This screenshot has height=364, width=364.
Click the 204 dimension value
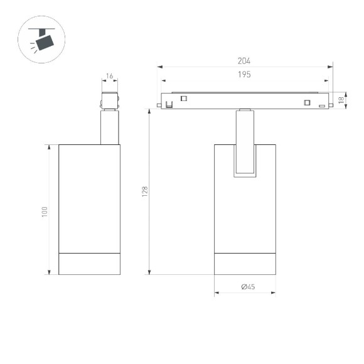pos(244,61)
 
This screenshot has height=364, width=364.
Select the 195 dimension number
pos(244,75)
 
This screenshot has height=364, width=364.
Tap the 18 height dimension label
pos(341,99)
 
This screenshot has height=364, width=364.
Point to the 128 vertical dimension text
pos(144,191)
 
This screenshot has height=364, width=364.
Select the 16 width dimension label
pos(110,76)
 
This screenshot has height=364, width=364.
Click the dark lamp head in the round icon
pos(45,42)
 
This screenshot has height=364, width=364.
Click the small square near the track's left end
pos(184,98)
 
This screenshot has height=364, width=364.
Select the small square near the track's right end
pos(307,103)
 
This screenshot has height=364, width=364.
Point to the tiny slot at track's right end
pos(321,106)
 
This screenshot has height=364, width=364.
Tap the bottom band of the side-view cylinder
pos(89,264)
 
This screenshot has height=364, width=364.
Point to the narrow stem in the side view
pos(110,128)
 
